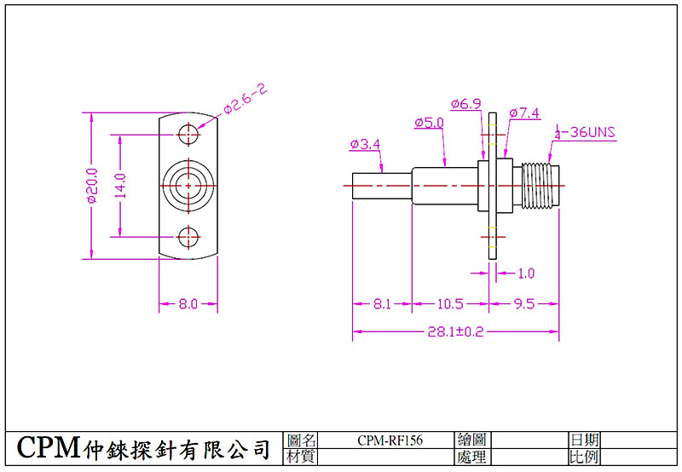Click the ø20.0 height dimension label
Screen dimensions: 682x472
(92, 186)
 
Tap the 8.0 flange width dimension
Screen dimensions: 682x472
(188, 304)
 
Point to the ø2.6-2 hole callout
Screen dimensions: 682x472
(246, 100)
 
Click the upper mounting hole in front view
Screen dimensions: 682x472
(188, 134)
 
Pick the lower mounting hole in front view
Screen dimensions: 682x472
(188, 238)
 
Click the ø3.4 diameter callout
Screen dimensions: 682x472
(365, 144)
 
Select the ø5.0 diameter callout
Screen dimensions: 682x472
(429, 123)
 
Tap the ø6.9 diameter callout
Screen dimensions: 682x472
(466, 104)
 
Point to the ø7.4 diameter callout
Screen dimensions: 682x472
(524, 113)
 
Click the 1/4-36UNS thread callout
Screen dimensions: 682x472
(585, 132)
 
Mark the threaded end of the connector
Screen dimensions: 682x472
(540, 186)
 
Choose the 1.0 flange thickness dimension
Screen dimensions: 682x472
(526, 273)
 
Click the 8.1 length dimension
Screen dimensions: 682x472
(382, 304)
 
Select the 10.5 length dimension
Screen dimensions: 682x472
(450, 304)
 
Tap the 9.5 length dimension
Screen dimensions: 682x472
(524, 304)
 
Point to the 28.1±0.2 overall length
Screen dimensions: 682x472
(455, 331)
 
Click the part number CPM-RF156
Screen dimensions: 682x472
(390, 440)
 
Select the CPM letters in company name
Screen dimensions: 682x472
(49, 446)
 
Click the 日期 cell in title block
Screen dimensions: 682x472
(584, 440)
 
